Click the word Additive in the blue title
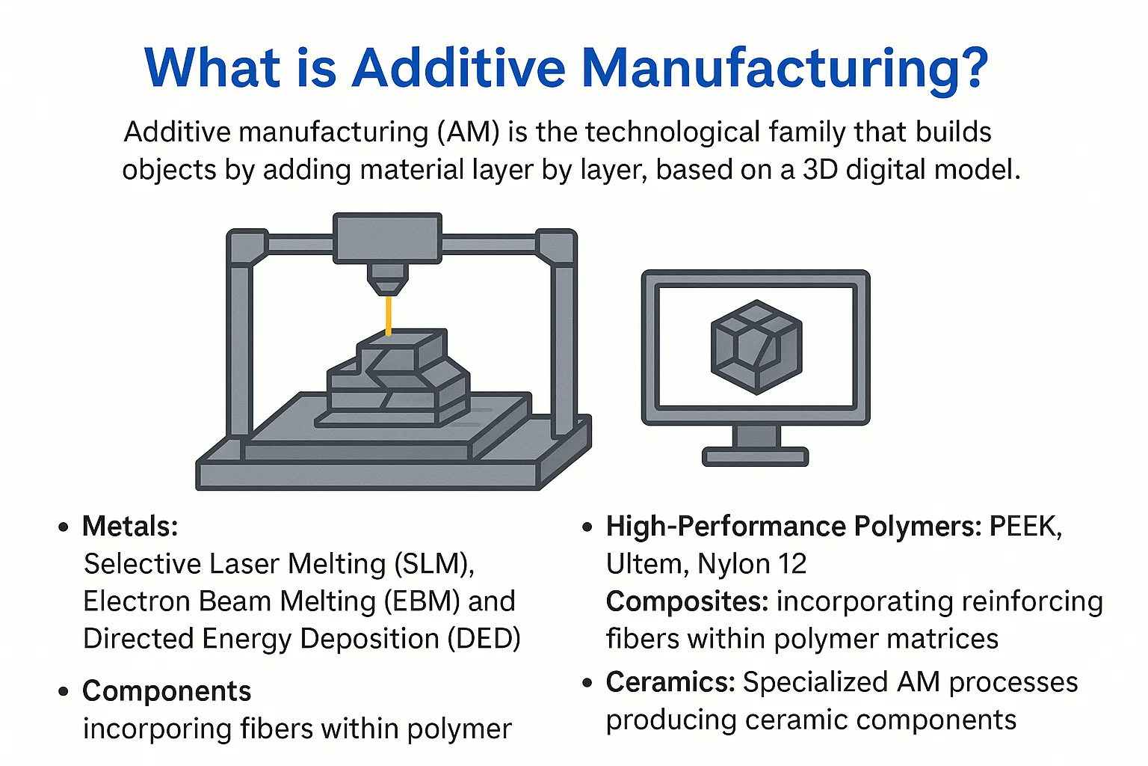point(458,68)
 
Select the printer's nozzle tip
point(388,285)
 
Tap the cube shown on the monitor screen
point(756,346)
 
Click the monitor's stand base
point(755,456)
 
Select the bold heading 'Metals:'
point(130,527)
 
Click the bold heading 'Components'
point(167,691)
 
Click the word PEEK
point(1025,527)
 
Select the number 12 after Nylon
point(791,564)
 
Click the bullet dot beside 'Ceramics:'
point(587,682)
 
